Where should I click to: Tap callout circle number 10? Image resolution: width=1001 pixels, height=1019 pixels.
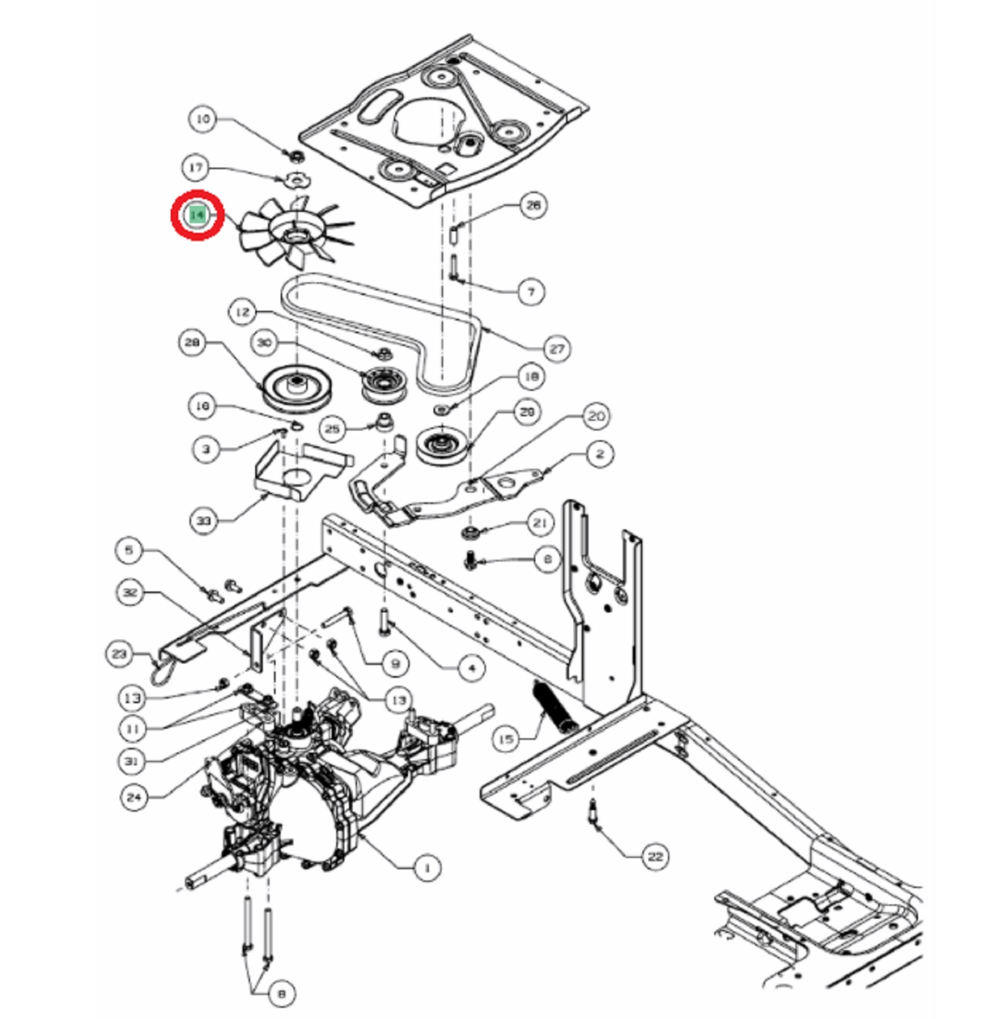(x=203, y=119)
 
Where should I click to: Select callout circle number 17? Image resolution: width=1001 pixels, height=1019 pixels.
(x=196, y=167)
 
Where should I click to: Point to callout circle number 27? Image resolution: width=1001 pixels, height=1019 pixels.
(x=556, y=348)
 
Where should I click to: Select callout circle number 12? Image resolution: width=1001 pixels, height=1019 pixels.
(x=243, y=312)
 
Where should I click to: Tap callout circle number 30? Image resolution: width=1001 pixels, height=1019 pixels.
(x=264, y=343)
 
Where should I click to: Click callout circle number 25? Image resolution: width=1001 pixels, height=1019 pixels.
(x=332, y=428)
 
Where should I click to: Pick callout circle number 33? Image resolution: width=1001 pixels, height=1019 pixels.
(x=203, y=521)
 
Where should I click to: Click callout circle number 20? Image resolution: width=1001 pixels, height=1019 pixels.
(x=596, y=416)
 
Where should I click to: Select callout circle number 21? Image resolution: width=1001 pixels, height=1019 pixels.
(x=540, y=523)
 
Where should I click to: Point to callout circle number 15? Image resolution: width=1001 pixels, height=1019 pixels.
(x=506, y=739)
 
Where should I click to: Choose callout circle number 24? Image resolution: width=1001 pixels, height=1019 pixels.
(x=134, y=797)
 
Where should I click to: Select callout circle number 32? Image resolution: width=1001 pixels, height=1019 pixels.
(x=130, y=592)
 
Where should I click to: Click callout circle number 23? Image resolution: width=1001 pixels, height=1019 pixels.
(x=119, y=654)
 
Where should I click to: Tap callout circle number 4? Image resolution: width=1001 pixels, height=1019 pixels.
(x=471, y=668)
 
